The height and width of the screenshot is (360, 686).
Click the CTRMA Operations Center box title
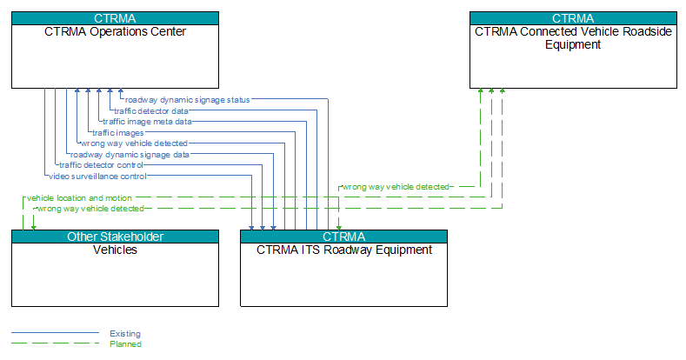pos(115,31)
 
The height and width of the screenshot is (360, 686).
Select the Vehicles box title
pos(115,250)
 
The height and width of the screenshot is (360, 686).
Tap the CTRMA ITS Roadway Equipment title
pos(344,250)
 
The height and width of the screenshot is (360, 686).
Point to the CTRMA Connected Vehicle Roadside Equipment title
pos(573,38)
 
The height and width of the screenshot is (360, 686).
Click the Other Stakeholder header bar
pos(115,237)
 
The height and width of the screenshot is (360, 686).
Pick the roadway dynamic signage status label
pos(187,100)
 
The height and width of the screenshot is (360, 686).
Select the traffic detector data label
pos(151,111)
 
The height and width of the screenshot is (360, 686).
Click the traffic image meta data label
pos(147,122)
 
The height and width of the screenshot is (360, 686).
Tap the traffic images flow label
pos(117,132)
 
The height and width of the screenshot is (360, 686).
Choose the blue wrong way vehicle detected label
pos(134,143)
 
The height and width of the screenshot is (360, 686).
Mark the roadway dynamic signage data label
pos(130,155)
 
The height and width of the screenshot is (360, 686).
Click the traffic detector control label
pos(101,165)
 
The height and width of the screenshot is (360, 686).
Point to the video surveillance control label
pos(97,177)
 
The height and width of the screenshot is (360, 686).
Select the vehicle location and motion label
pos(79,198)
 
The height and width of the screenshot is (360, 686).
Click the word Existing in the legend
pos(125,334)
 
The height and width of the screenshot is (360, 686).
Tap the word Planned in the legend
pos(125,344)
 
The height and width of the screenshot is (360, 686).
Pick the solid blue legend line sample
pos(55,333)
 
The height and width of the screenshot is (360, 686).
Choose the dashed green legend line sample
pos(55,343)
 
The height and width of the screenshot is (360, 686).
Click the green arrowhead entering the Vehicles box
pos(34,228)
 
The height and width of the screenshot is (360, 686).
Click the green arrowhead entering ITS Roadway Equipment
pos(339,228)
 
